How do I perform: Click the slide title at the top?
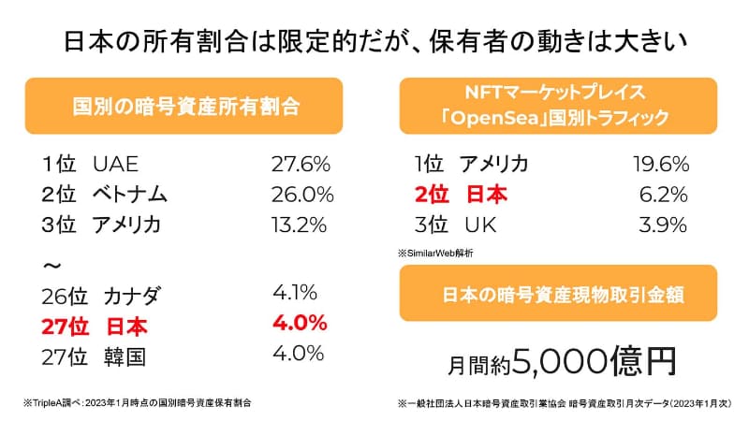click(374, 42)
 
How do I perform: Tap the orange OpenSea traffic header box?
click(558, 106)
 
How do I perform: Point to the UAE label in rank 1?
click(116, 166)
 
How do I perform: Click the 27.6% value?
click(301, 166)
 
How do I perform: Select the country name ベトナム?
click(130, 196)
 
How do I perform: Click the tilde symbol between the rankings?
click(52, 267)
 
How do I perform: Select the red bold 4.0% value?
click(299, 323)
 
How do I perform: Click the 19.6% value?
click(660, 166)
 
